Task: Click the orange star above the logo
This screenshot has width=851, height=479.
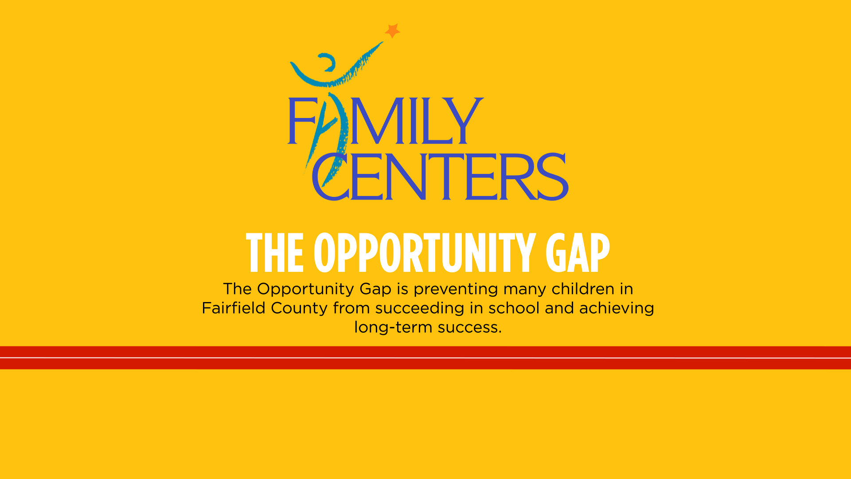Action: tap(392, 31)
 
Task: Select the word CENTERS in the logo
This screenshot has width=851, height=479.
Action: tap(440, 177)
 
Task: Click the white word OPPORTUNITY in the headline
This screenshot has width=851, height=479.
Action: tap(425, 252)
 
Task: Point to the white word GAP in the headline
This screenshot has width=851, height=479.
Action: tap(578, 252)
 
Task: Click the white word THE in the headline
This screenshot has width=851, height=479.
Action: tap(275, 252)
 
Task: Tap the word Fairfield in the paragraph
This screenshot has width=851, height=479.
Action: tap(234, 308)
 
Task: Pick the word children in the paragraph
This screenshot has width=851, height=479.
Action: tap(583, 289)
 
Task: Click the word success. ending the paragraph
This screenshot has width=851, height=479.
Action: tap(470, 328)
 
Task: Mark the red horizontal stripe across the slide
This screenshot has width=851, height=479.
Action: tap(425, 357)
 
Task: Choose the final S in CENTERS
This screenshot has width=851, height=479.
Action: tap(552, 177)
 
